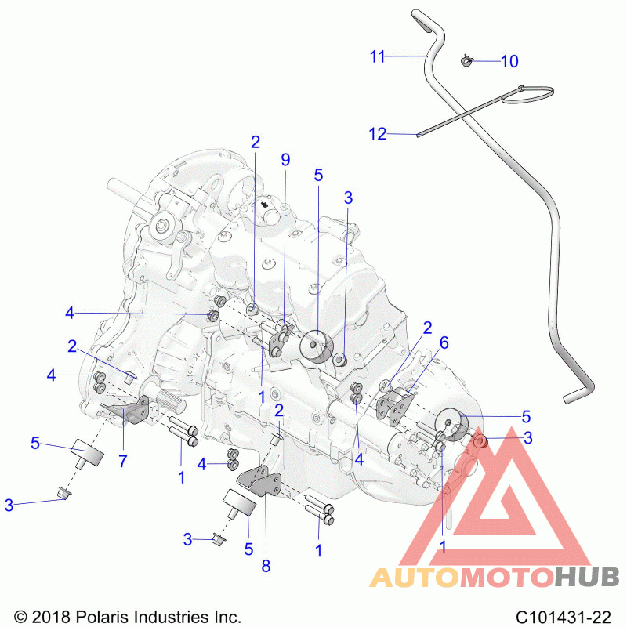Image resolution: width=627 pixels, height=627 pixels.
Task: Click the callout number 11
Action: [x=377, y=56]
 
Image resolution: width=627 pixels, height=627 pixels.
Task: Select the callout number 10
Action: [x=509, y=62]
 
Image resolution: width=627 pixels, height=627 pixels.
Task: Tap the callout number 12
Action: [x=378, y=134]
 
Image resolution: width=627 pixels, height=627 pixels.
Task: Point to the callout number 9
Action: [x=285, y=160]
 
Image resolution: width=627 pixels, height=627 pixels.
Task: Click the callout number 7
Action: [x=123, y=462]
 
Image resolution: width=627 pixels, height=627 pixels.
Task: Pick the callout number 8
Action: [x=266, y=566]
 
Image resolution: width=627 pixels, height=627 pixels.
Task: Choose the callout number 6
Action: [x=444, y=342]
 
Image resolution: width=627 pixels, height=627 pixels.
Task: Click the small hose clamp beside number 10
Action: [x=466, y=60]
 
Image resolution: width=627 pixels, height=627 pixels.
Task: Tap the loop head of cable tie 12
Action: [x=527, y=94]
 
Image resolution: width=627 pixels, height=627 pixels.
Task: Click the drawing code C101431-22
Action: [x=563, y=616]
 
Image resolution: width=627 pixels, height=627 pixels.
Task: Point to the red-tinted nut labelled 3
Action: [x=480, y=441]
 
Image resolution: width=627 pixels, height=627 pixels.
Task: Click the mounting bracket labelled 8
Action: [x=260, y=481]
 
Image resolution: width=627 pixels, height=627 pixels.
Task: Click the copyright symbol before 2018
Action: [x=20, y=617]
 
